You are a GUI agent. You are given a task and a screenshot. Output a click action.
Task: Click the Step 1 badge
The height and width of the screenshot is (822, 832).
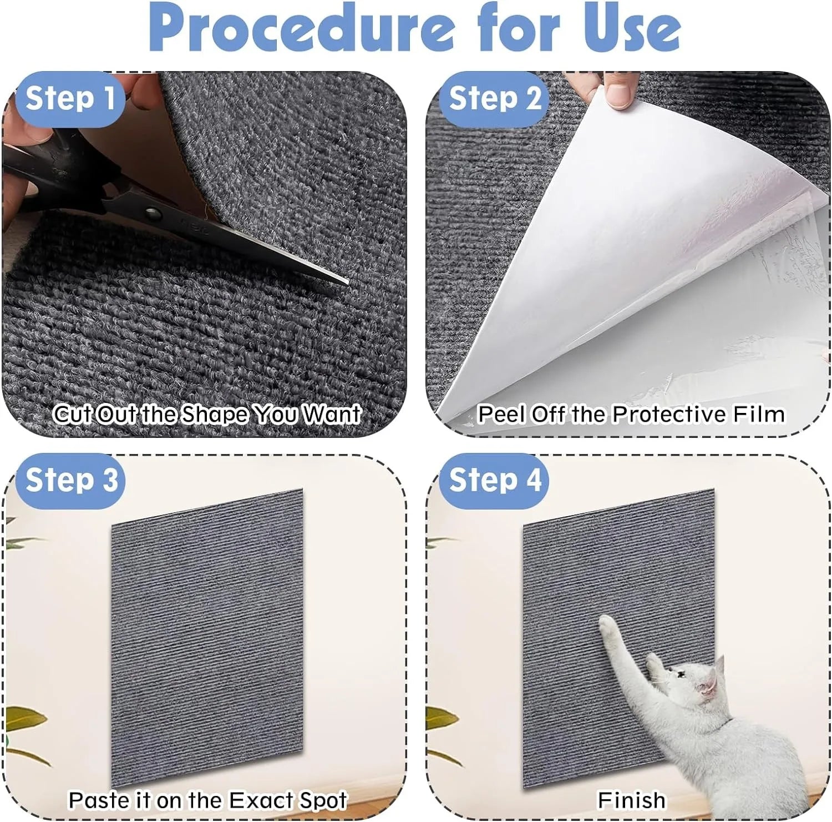tap(70, 99)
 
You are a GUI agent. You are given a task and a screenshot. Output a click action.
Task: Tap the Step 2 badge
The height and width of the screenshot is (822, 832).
tap(494, 99)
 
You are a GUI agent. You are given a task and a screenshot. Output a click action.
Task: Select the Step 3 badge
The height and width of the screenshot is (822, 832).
tap(72, 480)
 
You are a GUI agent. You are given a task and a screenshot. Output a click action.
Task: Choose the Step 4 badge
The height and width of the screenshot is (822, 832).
tap(494, 480)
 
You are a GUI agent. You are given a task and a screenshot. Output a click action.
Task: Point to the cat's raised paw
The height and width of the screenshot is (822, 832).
tap(607, 626)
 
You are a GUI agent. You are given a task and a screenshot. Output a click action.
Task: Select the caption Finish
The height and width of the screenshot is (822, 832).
tap(631, 800)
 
